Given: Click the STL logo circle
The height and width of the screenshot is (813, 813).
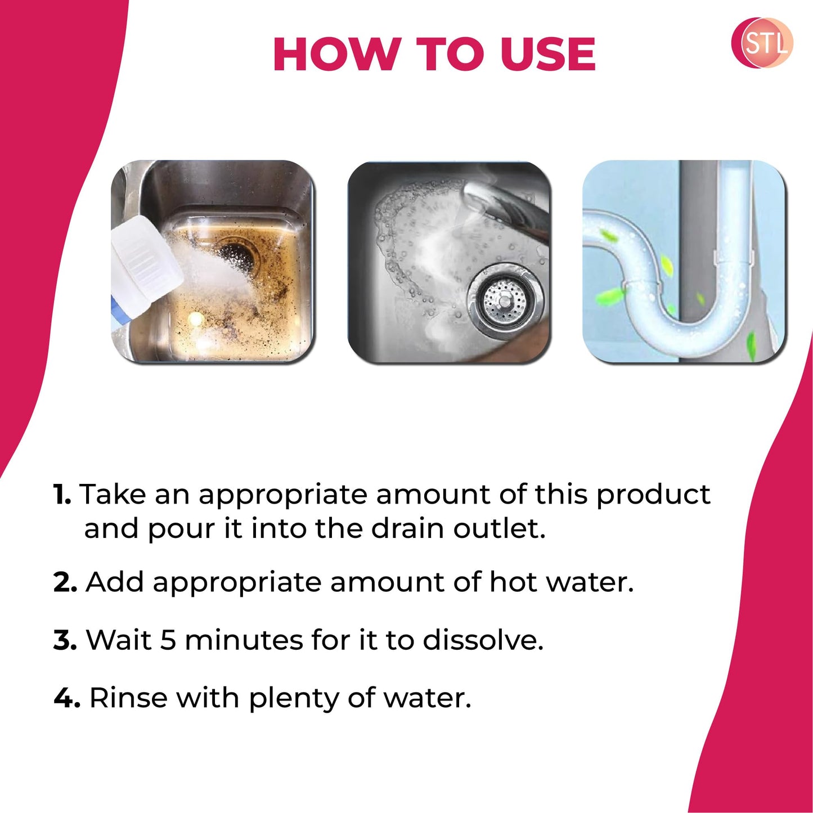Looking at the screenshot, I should pyautogui.click(x=762, y=43).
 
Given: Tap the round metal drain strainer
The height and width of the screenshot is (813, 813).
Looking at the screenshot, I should pyautogui.click(x=505, y=304).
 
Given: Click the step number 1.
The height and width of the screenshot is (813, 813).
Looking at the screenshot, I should pyautogui.click(x=62, y=495).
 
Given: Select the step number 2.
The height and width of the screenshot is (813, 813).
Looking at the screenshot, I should pyautogui.click(x=65, y=582).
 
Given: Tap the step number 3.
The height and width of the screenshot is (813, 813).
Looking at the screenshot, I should pyautogui.click(x=65, y=640).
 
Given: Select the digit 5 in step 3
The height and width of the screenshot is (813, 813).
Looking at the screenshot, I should pyautogui.click(x=168, y=640).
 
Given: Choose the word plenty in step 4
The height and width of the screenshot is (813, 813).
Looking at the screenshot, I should pyautogui.click(x=293, y=699).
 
